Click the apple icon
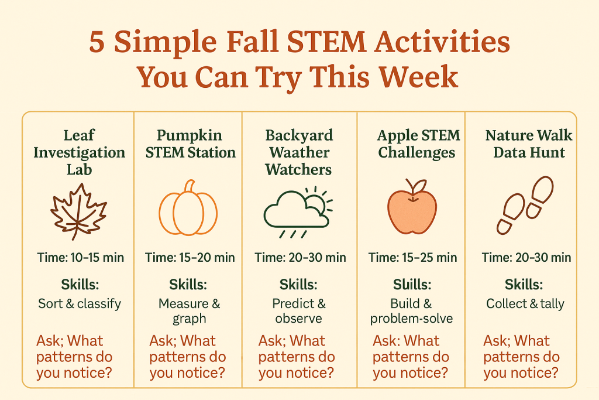coord(412,208)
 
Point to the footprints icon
coord(525,205)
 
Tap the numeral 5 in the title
coord(97,44)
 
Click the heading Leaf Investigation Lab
coord(79,153)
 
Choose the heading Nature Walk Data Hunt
coord(529,144)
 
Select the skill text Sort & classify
coord(79,303)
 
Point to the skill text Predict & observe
coord(298,311)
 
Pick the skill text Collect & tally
coord(525,303)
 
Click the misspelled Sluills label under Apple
coord(412,285)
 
